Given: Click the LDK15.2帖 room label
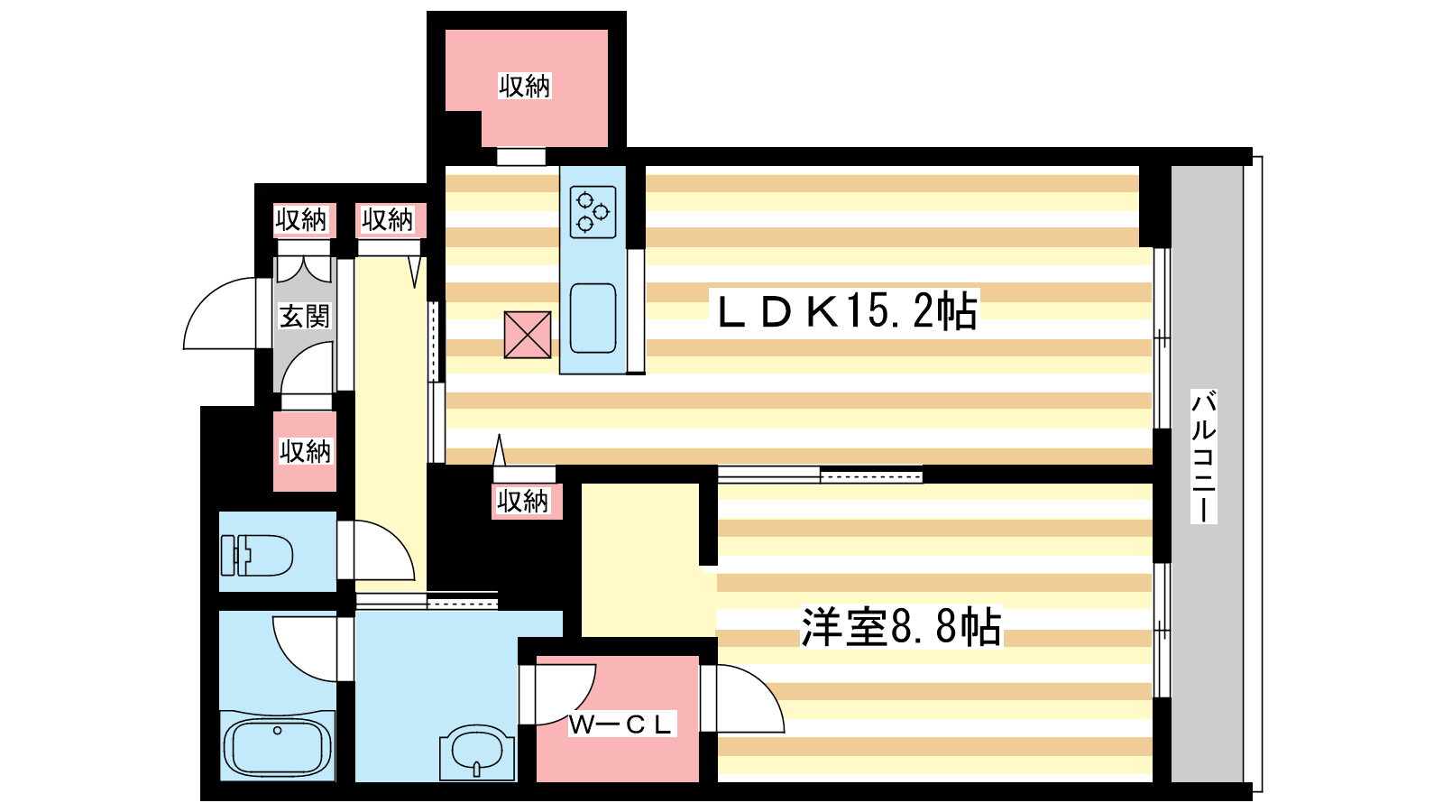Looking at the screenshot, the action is tap(847, 310).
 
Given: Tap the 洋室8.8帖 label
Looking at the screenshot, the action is tap(901, 626).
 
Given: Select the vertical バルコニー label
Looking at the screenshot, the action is tap(1203, 456).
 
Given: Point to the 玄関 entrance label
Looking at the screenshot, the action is tap(304, 317).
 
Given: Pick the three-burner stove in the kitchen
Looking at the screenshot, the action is tap(593, 212).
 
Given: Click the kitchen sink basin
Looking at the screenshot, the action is tap(593, 318).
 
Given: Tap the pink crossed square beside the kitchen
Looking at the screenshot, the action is tap(528, 335).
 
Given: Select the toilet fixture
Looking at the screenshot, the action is tap(256, 554).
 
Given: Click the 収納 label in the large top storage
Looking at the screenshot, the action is tap(525, 86).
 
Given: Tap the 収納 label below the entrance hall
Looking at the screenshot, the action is tap(305, 451).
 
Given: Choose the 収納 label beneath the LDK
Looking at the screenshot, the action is tap(522, 501).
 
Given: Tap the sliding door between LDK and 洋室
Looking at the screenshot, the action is tap(820, 475).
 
